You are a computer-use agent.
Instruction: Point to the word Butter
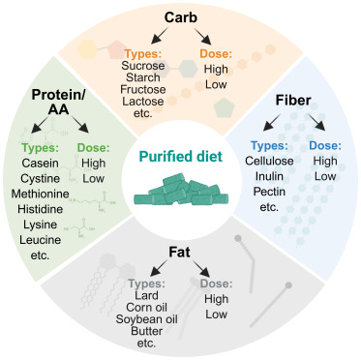(147, 343)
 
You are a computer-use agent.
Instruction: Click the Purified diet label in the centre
(181, 155)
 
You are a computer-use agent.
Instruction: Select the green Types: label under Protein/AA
(41, 151)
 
